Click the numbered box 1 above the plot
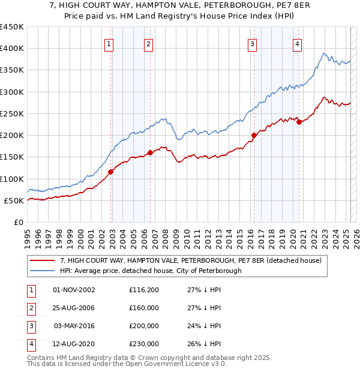point(109,43)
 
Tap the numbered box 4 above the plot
point(297,43)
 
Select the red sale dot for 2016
point(254,135)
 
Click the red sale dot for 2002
point(111,172)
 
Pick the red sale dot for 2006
point(150,152)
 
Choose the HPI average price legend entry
point(150,271)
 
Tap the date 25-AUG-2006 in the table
point(74,308)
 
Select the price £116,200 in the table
point(144,290)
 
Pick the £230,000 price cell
point(144,344)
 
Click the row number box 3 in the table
point(30,326)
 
